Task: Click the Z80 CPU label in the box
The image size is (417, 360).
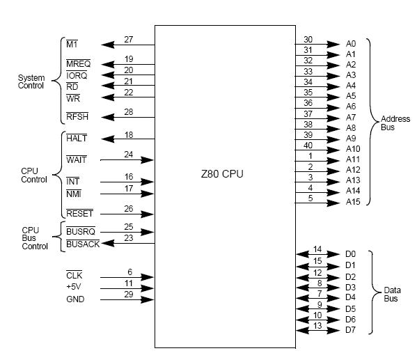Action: point(222,174)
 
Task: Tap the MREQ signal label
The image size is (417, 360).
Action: point(78,63)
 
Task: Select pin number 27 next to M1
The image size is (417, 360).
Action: point(129,40)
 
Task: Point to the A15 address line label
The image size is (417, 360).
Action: point(353,202)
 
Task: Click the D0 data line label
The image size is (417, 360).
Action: point(350,254)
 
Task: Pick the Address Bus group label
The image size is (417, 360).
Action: point(395,123)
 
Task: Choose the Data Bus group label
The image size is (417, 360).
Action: point(392,295)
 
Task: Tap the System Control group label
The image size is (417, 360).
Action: point(31,81)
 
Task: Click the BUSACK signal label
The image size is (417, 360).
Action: point(83,244)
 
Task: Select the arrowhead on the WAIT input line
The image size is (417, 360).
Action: point(147,160)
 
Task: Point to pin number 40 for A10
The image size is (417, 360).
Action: point(308,146)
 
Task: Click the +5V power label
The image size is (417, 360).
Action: point(74,287)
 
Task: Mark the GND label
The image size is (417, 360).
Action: point(75,299)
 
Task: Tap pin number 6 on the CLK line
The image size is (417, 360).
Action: point(129,272)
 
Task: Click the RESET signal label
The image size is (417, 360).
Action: point(79,213)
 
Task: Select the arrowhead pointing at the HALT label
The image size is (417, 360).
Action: point(108,139)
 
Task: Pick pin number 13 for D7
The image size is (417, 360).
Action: point(317,326)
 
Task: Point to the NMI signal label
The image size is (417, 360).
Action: point(74,194)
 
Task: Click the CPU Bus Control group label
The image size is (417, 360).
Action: point(35,238)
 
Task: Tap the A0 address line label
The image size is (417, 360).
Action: point(351,44)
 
